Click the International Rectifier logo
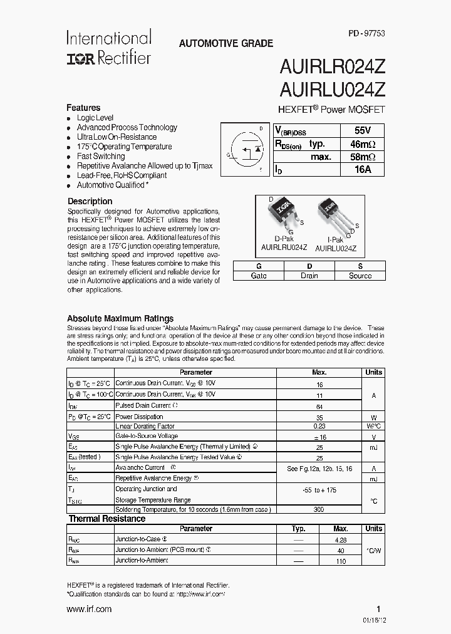point(108,48)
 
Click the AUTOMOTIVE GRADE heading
point(225,44)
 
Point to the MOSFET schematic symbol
point(244,150)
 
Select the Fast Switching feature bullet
point(100,156)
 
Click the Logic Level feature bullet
point(95,117)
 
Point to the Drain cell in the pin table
point(309,276)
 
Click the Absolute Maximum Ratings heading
point(120,318)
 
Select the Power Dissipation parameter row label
point(140,416)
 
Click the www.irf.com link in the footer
point(89,609)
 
